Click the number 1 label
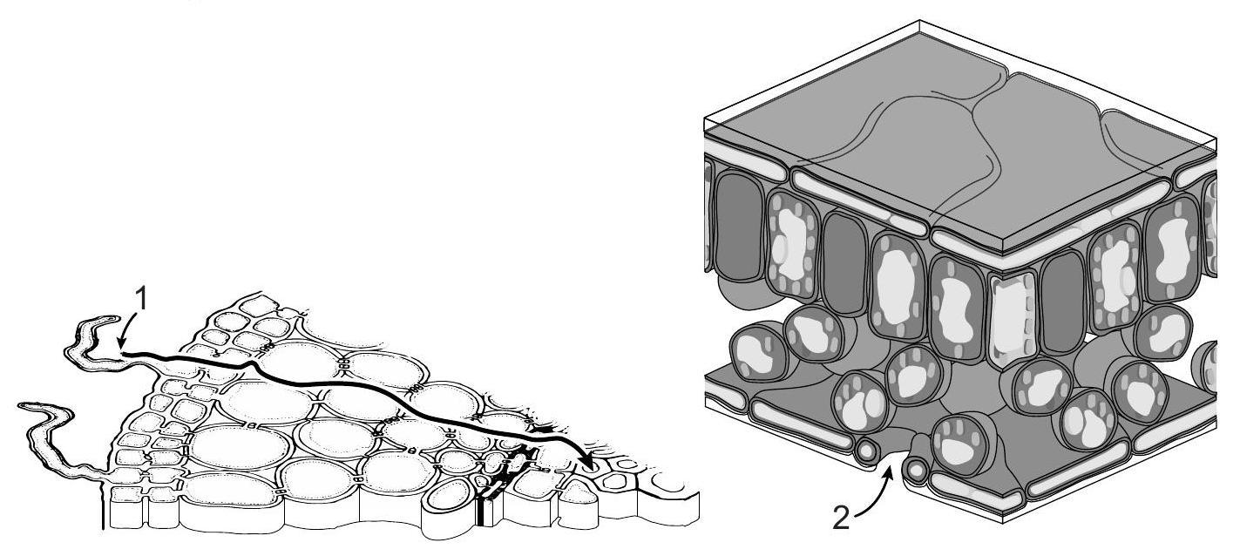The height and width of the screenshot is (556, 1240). pyautogui.click(x=142, y=301)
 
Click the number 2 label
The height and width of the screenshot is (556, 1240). pyautogui.click(x=842, y=518)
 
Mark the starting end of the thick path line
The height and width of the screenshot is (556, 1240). pyautogui.click(x=122, y=353)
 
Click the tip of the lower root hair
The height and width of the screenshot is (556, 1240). pyautogui.click(x=21, y=406)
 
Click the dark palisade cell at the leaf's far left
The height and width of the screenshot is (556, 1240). pyautogui.click(x=739, y=227)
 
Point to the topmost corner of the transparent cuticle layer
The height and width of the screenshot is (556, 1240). pyautogui.click(x=920, y=21)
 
